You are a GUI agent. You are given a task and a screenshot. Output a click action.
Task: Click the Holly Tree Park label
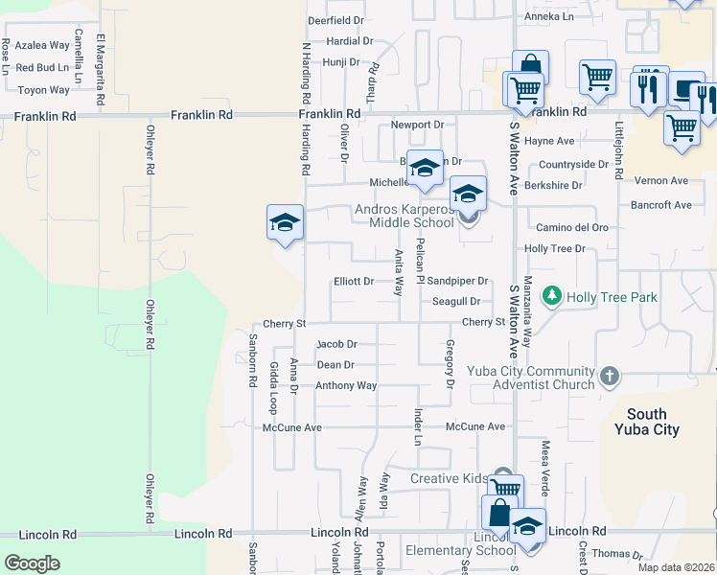pos(612,297)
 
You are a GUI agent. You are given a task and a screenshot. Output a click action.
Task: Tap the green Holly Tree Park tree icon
pos(551,297)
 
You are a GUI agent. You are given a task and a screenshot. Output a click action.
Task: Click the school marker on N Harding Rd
pos(285,223)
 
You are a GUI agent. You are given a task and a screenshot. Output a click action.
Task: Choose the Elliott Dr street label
pos(353,282)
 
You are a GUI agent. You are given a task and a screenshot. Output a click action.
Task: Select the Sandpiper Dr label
pos(458,282)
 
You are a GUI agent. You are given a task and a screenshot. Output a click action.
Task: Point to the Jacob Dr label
pos(336,344)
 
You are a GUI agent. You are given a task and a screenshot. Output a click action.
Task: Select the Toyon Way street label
pos(44,90)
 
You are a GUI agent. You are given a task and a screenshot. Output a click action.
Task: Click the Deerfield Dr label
pos(335,20)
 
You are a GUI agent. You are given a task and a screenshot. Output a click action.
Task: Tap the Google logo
pos(32,563)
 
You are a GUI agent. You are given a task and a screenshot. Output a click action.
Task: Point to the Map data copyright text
pos(676,567)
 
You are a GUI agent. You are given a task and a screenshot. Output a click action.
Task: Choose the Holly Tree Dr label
pos(554,249)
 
